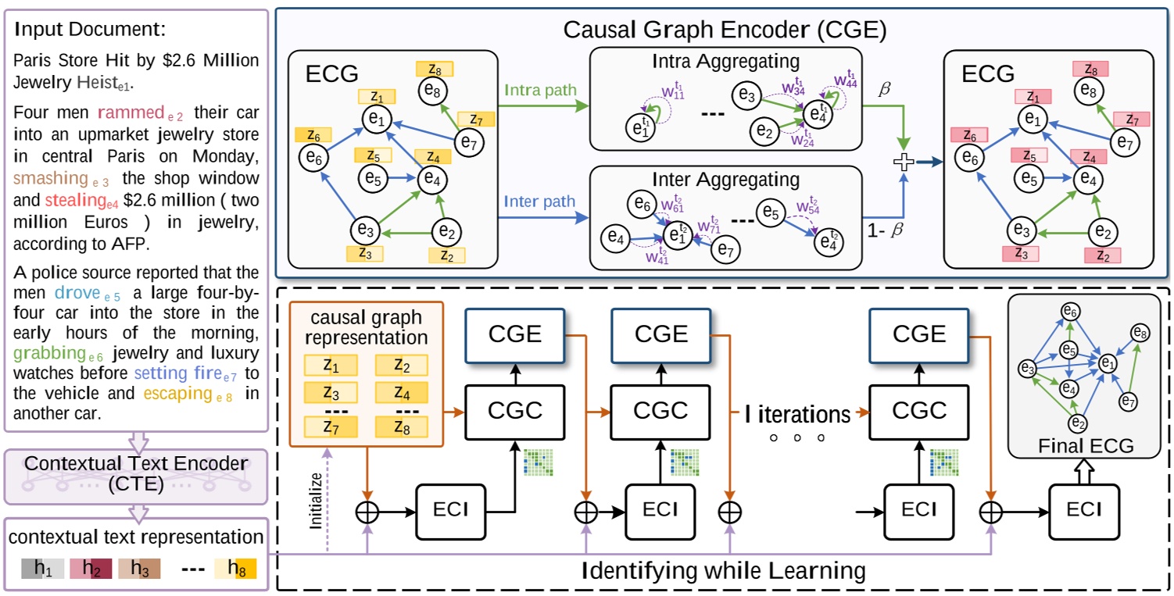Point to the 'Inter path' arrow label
[539, 202]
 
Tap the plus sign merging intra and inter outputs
[904, 162]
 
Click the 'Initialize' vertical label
[317, 512]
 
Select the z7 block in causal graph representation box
[330, 426]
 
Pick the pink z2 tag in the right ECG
[1102, 255]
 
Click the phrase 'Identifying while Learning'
[723, 569]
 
